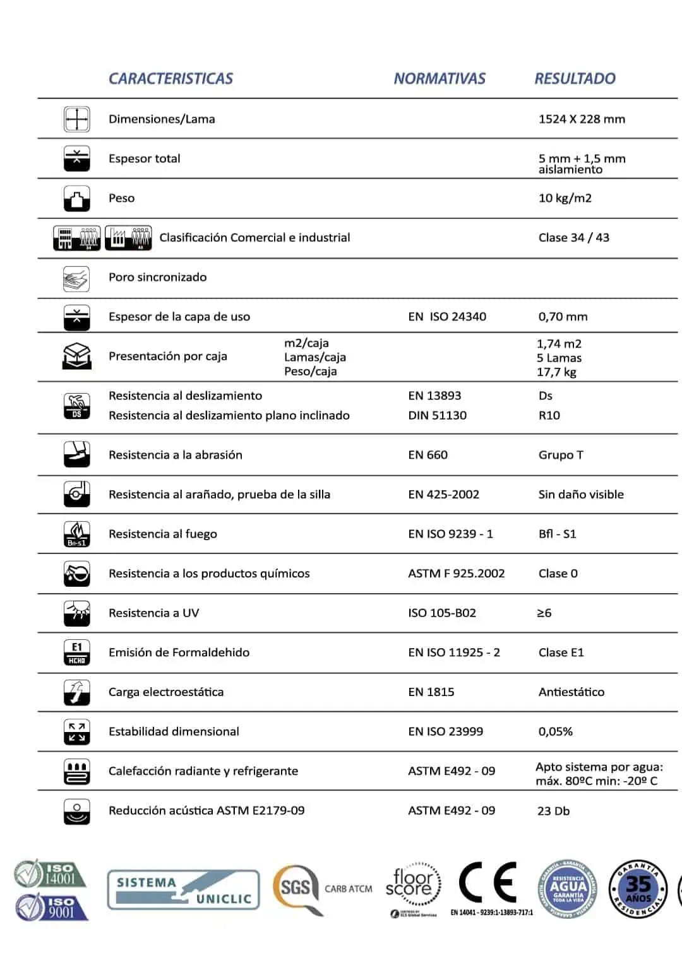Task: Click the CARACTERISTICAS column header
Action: (170, 79)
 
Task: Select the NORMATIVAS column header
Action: (440, 79)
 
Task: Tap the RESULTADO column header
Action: (575, 79)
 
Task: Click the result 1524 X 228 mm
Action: (582, 119)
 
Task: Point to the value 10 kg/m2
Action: (565, 198)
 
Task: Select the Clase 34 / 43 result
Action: (573, 238)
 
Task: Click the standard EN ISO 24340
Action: (446, 317)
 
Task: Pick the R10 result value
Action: (549, 415)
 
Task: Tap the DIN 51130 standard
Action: (437, 415)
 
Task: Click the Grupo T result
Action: (561, 455)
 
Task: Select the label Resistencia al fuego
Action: (162, 534)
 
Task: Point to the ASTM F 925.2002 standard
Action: (456, 574)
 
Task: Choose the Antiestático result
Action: (571, 692)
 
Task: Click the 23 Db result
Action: (553, 811)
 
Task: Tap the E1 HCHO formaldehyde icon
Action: (77, 652)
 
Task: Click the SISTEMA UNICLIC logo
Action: (183, 890)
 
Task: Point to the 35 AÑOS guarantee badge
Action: (638, 889)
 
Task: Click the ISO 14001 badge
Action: (51, 874)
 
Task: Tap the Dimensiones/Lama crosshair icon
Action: (77, 119)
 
